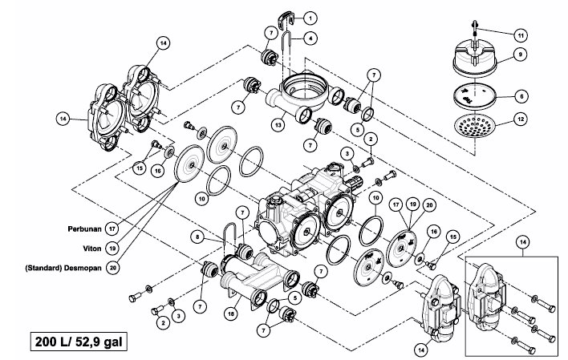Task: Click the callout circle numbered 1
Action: coord(310,18)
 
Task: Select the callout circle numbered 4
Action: coord(310,38)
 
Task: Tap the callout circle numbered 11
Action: coord(521,35)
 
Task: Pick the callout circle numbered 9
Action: coord(520,55)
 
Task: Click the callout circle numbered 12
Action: coord(521,119)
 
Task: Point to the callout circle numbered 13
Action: coord(278,125)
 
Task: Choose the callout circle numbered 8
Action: coord(197,237)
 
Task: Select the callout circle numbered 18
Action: coord(231,313)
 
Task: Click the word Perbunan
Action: coord(85,229)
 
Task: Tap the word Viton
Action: coord(92,249)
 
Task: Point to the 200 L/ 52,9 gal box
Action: coord(79,342)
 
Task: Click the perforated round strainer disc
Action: coord(475,125)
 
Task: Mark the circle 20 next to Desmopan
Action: coord(112,268)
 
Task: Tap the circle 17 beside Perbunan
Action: coord(112,229)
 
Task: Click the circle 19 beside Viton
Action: coord(112,249)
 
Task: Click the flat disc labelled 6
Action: coord(475,95)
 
